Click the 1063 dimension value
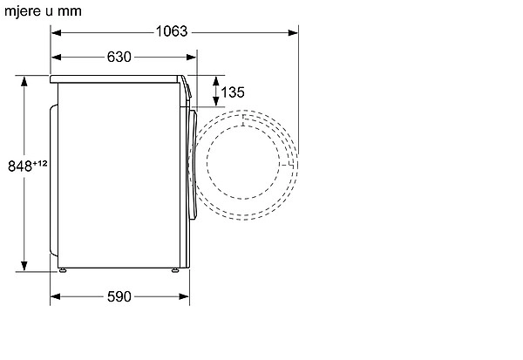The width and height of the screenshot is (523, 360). tap(172, 31)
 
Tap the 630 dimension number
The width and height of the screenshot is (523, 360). tap(119, 57)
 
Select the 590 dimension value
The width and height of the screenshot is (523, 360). tap(119, 296)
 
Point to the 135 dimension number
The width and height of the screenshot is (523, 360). tap(233, 92)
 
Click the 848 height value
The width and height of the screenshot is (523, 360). tap(20, 166)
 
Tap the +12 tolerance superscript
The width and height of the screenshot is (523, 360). tap(40, 164)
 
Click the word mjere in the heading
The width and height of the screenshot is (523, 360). tap(24, 11)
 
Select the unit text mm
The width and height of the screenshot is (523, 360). tap(70, 11)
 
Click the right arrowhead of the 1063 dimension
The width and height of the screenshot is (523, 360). tap(293, 33)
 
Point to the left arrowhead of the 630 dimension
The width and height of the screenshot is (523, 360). tap(56, 58)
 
